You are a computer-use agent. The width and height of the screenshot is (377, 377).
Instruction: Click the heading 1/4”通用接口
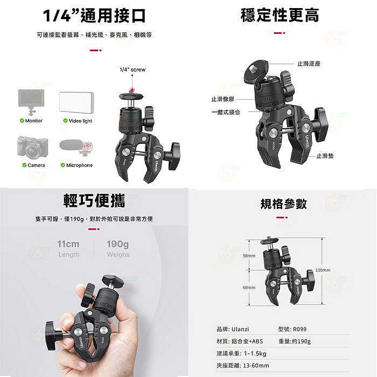pos(95,15)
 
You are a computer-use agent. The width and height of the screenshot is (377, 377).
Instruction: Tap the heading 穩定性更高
pos(280,15)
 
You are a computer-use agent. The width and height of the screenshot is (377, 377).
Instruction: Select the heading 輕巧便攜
pos(95,201)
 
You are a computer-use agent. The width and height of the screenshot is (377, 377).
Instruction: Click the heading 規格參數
pos(283,203)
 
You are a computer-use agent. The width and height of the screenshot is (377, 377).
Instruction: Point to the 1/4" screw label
pos(132,70)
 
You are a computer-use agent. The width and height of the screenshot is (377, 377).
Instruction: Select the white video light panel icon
pos(76,102)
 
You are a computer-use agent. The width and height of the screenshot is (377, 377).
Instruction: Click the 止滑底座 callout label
pos(309,64)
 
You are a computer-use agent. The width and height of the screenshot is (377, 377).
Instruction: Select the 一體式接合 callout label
pos(226,111)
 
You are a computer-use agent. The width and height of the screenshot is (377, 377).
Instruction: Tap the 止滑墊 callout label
pos(325,155)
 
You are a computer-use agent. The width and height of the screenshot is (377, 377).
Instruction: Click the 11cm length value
pos(68,244)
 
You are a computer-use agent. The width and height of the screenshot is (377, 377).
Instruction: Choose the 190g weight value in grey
pos(117,244)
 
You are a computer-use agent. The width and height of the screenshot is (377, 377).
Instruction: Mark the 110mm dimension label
pos(323,270)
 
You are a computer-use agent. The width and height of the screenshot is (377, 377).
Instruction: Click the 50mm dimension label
pos(249,256)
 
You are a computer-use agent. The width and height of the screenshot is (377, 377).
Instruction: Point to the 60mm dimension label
pos(249,288)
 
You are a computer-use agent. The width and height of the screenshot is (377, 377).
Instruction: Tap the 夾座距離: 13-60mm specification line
pos(242,366)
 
